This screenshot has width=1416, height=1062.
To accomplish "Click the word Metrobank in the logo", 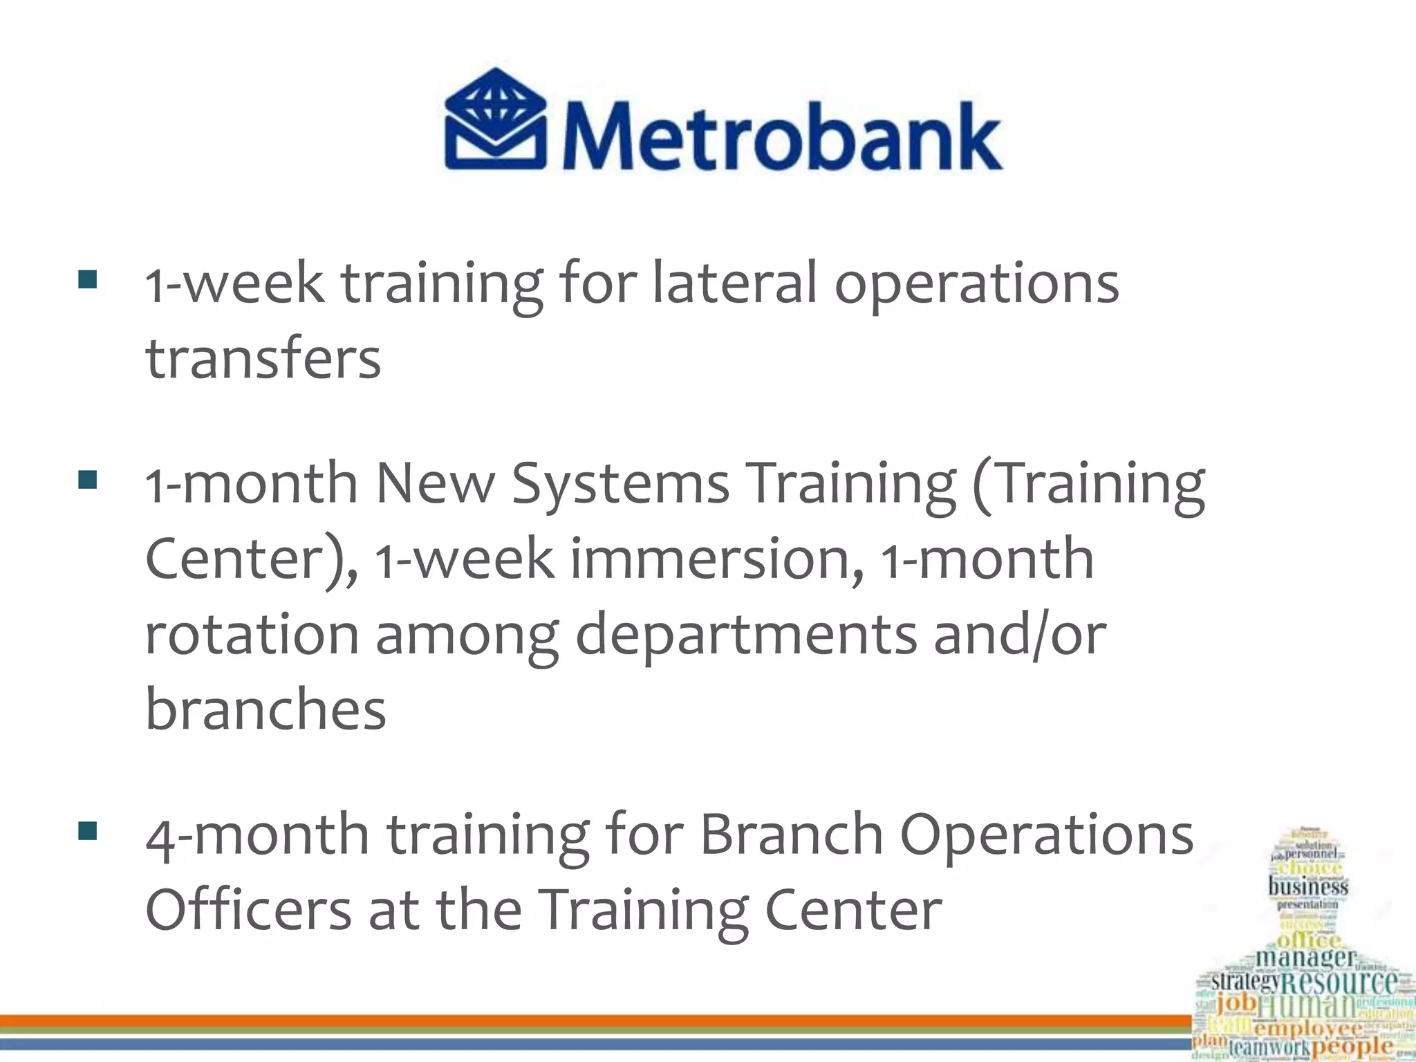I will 781,137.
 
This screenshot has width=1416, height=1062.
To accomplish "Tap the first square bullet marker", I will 88,279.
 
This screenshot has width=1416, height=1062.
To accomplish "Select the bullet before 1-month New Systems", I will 88,479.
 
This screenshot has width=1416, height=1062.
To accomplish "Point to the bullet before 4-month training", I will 88,830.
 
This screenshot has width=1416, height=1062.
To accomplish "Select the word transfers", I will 263,359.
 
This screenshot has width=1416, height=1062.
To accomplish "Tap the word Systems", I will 620,483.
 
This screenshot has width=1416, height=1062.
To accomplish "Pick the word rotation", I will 252,634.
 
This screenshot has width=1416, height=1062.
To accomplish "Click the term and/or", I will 1020,634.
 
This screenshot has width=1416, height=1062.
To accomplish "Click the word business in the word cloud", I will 1307,886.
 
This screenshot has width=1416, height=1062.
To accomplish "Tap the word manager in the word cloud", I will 1305,958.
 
